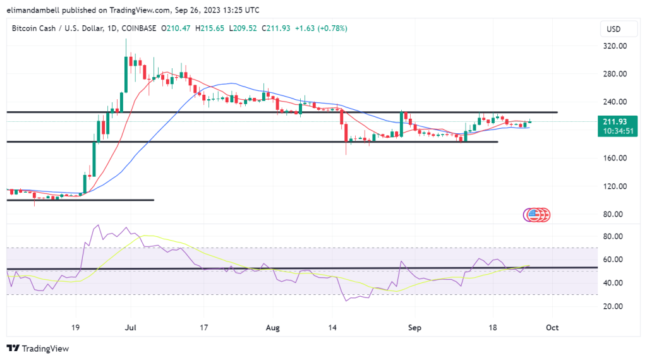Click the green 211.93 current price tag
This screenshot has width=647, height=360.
point(615,121)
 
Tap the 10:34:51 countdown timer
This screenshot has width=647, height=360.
point(615,131)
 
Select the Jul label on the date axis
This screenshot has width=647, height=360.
point(131,328)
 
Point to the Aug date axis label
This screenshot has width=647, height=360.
point(272,328)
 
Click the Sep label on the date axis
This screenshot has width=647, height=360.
point(414,328)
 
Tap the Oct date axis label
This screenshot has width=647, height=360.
point(552,328)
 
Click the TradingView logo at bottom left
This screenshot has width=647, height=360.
point(37,348)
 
